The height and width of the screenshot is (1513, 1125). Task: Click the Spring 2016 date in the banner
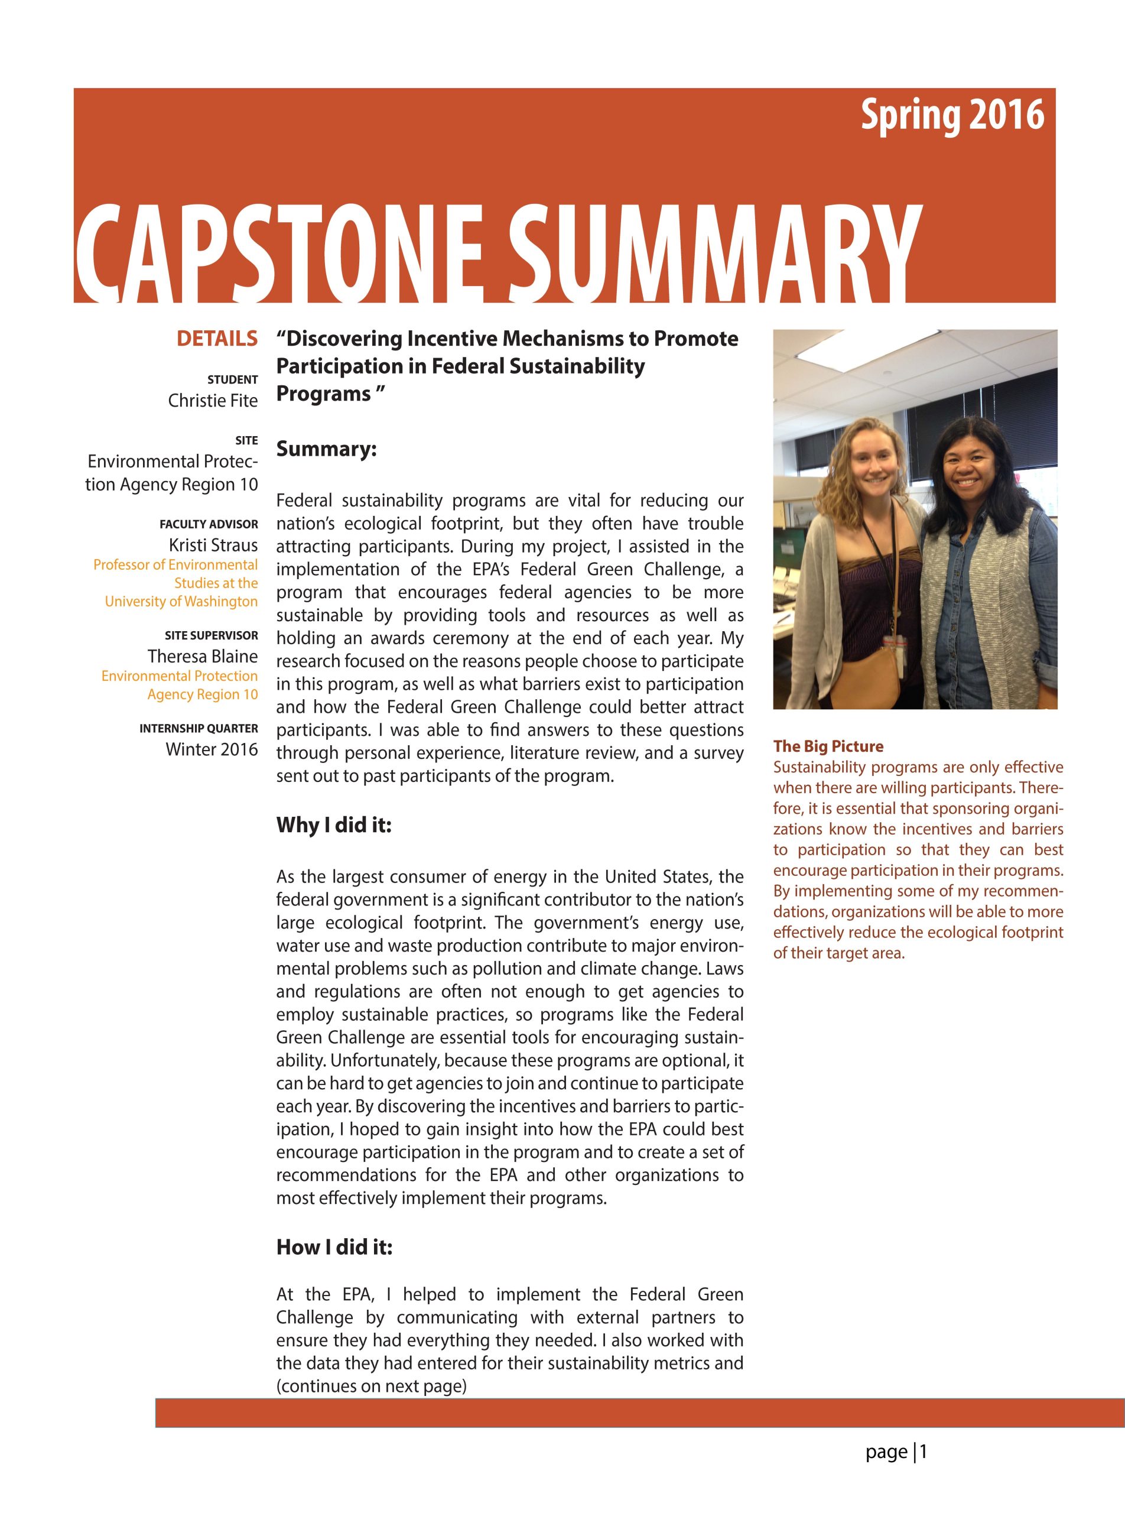pos(951,115)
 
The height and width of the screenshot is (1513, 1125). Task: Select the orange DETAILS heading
pos(217,339)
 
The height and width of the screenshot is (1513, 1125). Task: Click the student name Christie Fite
pos(213,401)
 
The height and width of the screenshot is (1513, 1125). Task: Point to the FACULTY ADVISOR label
pos(209,524)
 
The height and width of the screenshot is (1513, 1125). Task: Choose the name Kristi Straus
pos(213,545)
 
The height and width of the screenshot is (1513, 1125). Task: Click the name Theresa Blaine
pos(202,656)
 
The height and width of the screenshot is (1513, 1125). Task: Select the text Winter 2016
pos(212,749)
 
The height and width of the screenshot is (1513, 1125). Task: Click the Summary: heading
pos(326,449)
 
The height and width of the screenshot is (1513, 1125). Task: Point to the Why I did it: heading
pos(334,825)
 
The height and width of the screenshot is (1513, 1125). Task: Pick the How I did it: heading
pos(334,1247)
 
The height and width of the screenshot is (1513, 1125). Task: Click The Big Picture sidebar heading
pos(828,746)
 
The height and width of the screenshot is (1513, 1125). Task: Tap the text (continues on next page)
pos(371,1387)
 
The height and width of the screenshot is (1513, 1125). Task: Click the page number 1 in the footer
pos(924,1452)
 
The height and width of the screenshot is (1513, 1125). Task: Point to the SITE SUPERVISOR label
pos(211,635)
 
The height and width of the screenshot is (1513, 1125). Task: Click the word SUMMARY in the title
pos(709,255)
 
